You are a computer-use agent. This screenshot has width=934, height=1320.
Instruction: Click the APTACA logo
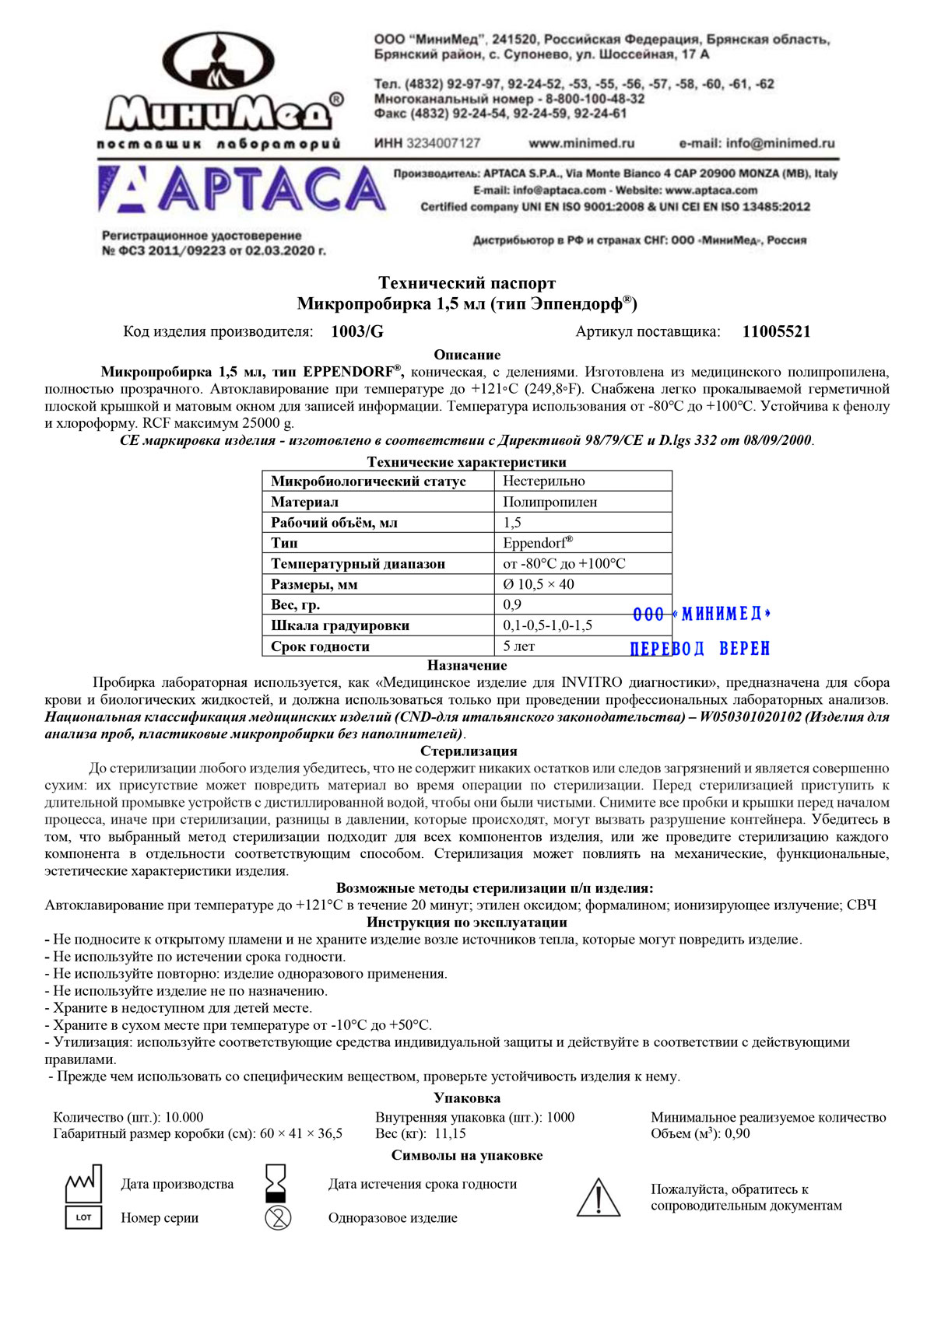coord(242,189)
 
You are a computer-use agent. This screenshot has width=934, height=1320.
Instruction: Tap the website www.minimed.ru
coord(581,143)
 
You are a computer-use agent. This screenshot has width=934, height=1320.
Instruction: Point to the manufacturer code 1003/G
coord(357,332)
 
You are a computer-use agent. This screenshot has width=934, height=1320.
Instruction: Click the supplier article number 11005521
coord(776,332)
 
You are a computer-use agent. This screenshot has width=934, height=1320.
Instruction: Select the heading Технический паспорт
coord(467,282)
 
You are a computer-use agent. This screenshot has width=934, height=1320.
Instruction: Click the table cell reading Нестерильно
coord(544,481)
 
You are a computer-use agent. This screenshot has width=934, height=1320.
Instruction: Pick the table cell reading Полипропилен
coord(550,502)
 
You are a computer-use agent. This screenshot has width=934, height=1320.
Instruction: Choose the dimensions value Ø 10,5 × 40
coord(539,584)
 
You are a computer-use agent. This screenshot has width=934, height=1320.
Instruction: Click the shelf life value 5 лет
coord(519,646)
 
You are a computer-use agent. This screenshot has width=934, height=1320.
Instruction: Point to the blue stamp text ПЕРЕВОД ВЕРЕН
coord(700,648)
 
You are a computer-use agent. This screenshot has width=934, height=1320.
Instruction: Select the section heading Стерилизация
coord(469,751)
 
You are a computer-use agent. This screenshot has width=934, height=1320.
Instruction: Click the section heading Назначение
coord(467,665)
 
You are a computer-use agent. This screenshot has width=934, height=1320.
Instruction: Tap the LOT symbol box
coord(83,1217)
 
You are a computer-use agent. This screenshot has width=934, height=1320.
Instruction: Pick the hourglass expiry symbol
coord(277,1182)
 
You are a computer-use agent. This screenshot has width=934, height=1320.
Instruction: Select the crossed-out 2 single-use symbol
coord(278,1217)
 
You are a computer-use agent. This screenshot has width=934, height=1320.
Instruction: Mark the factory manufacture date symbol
coord(83,1183)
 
